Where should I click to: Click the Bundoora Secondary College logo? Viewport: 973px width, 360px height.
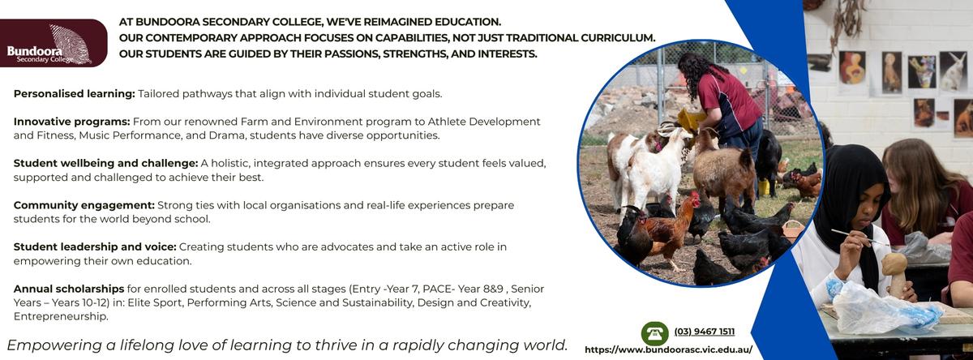tap(53, 43)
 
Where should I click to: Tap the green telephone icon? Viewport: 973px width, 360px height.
tap(654, 333)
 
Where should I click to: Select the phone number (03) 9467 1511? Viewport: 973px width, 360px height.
tap(704, 332)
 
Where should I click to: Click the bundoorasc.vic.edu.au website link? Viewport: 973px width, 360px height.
tap(668, 349)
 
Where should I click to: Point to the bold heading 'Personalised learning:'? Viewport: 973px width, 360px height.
tap(75, 94)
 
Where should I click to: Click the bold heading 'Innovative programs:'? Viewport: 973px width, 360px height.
tap(71, 122)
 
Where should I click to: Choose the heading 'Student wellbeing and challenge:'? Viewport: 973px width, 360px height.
tap(105, 163)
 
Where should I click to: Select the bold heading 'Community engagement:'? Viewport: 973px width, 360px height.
tap(84, 205)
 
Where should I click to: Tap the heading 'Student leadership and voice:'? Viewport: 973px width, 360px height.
tap(95, 246)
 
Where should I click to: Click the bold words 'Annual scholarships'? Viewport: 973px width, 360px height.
tap(69, 289)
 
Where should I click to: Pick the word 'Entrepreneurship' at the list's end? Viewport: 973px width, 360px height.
tap(60, 316)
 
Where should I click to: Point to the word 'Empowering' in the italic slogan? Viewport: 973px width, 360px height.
tap(53, 345)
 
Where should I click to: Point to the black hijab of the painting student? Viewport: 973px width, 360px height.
tap(851, 195)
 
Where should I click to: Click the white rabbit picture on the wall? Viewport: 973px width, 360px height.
tap(954, 71)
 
